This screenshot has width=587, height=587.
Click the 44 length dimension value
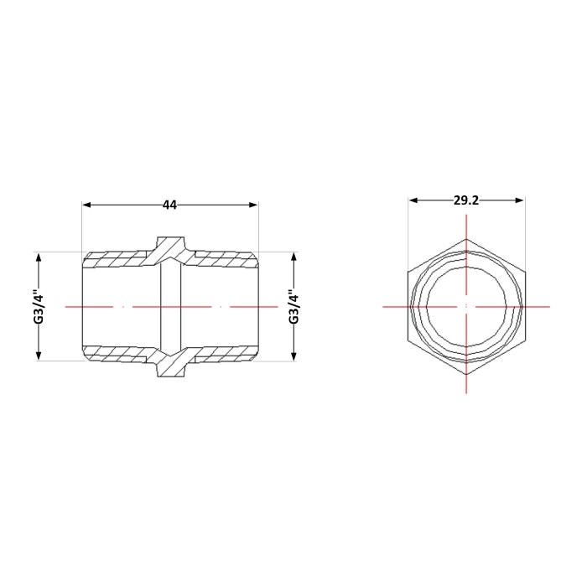(169, 205)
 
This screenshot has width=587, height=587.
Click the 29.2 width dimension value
(465, 200)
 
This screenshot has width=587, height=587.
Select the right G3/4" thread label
(294, 306)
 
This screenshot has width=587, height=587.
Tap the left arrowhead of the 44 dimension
(86, 205)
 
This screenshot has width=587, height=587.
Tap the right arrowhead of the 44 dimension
(253, 205)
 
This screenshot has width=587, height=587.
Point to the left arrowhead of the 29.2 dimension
(413, 200)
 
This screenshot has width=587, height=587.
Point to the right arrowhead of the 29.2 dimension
(519, 200)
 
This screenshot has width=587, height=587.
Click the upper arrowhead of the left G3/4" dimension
(39, 257)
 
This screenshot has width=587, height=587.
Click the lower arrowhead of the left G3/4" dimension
(39, 356)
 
